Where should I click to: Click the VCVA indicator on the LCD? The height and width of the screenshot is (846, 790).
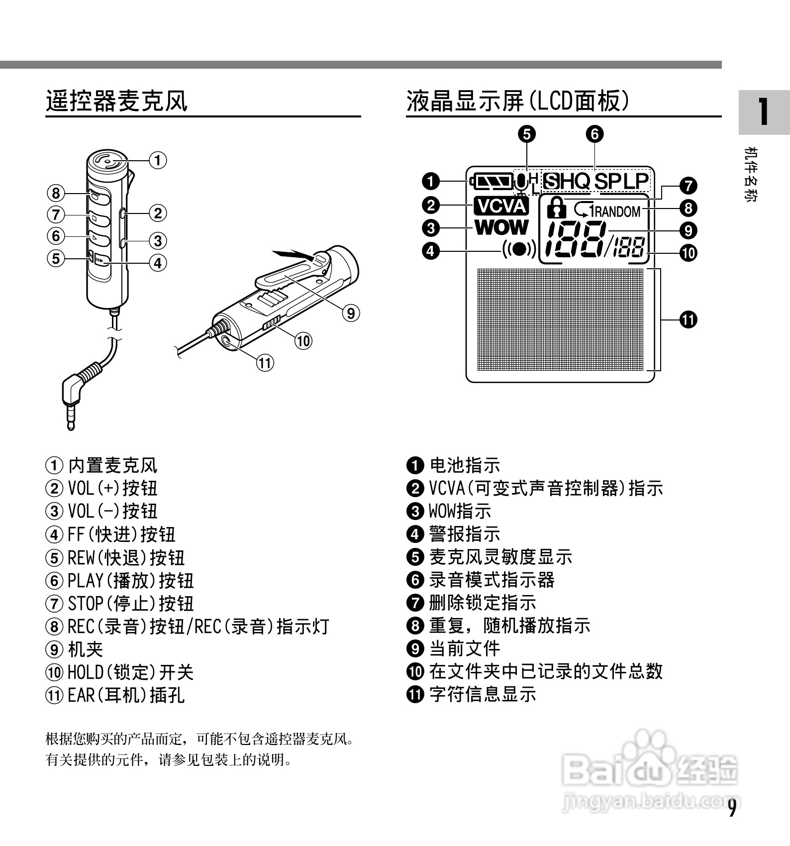pos(501,206)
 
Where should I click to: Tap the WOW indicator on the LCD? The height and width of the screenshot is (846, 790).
pos(501,227)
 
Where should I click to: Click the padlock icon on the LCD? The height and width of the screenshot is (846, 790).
pos(556,208)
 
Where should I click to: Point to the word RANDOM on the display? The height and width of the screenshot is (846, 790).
pos(617,212)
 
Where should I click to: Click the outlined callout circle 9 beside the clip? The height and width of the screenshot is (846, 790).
pos(351,313)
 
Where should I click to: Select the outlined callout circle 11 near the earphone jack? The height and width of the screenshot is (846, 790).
pos(265,363)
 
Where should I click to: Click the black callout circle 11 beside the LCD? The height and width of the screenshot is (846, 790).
pos(689,319)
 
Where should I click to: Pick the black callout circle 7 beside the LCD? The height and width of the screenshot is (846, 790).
pos(689,186)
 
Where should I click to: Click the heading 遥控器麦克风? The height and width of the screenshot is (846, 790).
pos(117,101)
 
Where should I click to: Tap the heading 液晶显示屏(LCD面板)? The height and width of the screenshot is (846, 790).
pos(517,101)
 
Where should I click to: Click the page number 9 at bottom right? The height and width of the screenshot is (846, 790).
pos(732,809)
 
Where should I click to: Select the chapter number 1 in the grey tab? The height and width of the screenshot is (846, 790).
pos(763,112)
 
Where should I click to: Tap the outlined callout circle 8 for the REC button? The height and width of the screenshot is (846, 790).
pos(56,193)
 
